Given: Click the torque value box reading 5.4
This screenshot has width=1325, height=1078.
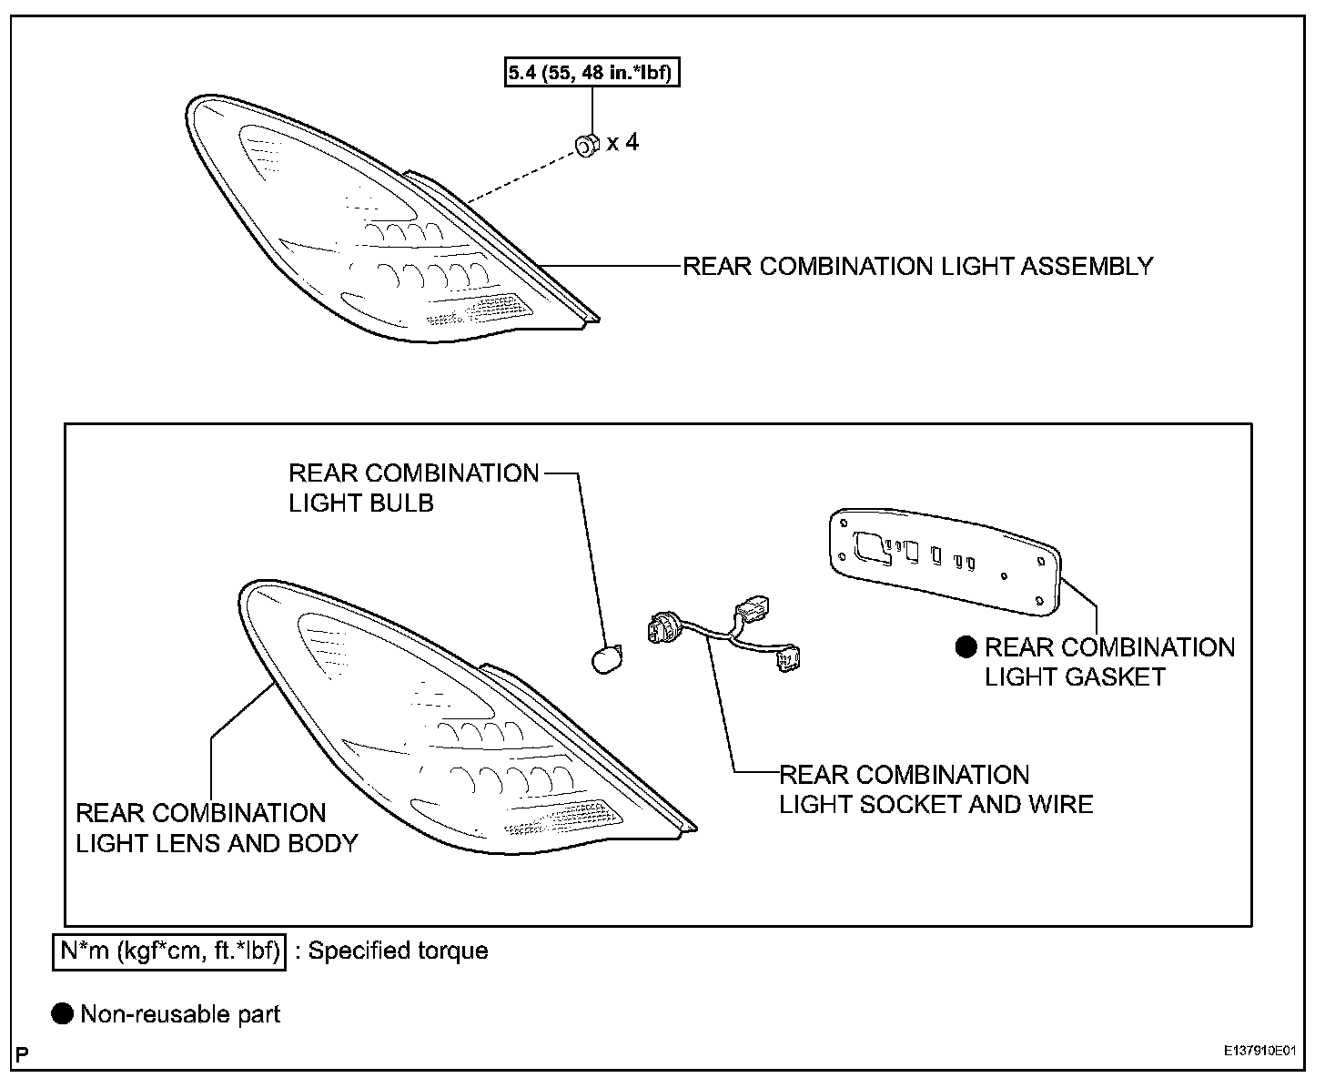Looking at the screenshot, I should click(x=592, y=72).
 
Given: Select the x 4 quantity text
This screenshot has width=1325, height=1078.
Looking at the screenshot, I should click(x=623, y=142).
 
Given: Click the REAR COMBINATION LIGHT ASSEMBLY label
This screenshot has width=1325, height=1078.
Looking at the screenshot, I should click(x=917, y=267).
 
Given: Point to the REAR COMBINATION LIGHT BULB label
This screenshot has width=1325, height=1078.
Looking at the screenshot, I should click(x=413, y=488).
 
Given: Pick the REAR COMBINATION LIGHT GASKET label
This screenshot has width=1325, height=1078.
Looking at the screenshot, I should click(x=1109, y=662).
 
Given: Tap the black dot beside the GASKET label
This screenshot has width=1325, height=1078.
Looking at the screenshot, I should click(x=966, y=647).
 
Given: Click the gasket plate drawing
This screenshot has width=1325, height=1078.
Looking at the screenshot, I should click(x=946, y=560).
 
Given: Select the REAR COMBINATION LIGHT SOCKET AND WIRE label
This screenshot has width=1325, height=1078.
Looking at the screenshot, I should click(x=936, y=789).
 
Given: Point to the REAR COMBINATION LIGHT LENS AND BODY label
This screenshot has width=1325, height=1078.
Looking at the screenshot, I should click(x=217, y=828).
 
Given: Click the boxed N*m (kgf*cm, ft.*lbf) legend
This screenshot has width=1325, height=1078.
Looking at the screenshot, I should click(x=169, y=951).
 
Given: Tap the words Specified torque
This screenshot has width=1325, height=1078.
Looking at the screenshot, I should click(x=399, y=951).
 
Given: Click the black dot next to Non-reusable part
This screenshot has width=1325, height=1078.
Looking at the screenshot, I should click(x=62, y=1014).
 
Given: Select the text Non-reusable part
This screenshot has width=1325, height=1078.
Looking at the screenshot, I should click(x=180, y=1014).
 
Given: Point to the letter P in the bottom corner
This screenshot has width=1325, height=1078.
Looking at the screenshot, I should click(x=22, y=1054).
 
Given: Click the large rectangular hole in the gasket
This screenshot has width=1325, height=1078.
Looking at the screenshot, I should click(x=872, y=544).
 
